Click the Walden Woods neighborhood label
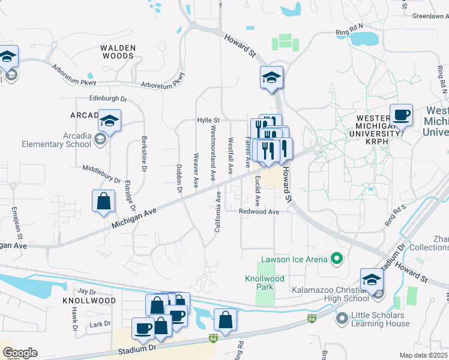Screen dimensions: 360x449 click(x=117, y=52)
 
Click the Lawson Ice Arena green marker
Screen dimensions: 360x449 click(x=337, y=259)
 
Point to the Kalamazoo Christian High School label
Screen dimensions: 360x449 click(x=330, y=294)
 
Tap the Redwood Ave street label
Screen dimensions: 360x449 click(x=259, y=212)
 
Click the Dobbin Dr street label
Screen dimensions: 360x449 click(x=179, y=178)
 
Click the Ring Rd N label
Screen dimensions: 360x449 click(x=350, y=27)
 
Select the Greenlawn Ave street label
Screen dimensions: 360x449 click(x=430, y=16)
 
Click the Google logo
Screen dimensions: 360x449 click(x=19, y=353)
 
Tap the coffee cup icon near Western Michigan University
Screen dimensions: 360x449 click(x=401, y=114)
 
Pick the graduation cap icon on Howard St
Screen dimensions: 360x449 click(x=271, y=77)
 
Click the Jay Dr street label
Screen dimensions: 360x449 click(x=87, y=291)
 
